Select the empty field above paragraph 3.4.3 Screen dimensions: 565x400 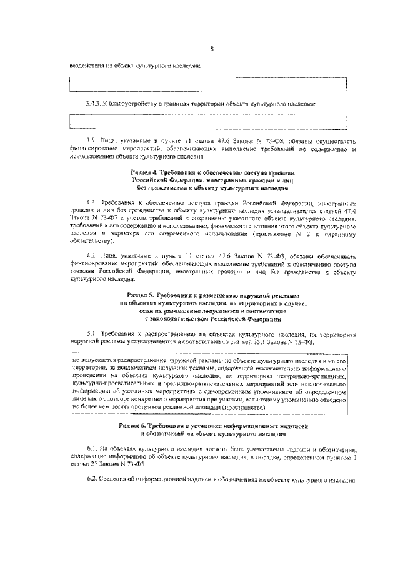(x=209, y=84)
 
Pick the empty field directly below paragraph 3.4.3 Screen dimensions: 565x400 (x=209, y=120)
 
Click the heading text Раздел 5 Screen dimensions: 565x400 (x=142, y=294)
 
